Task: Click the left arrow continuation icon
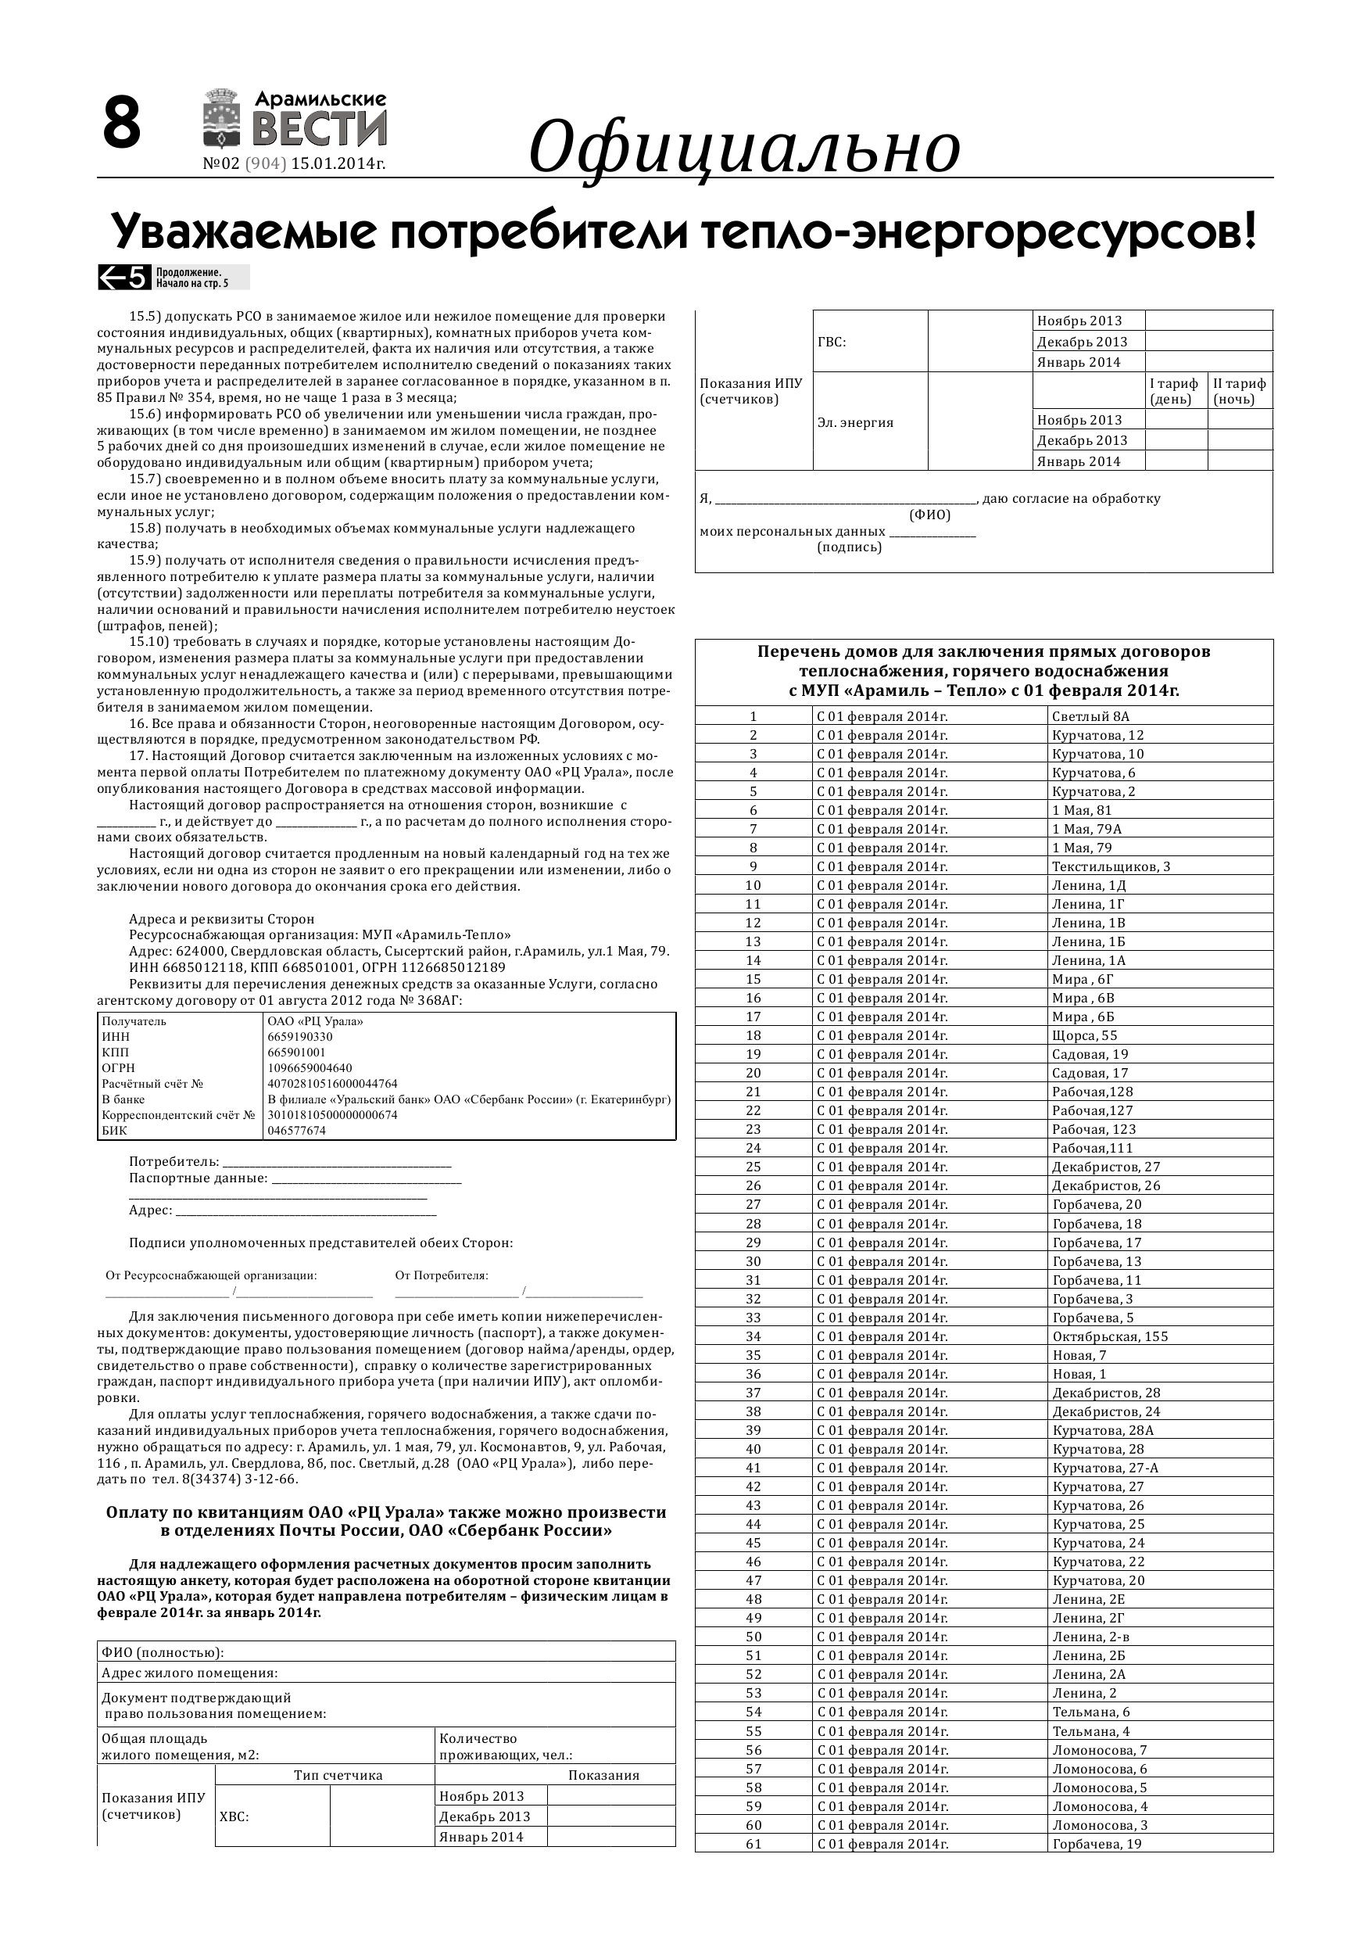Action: (x=124, y=277)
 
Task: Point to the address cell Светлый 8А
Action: (x=1090, y=716)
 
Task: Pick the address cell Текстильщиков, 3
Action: (x=1111, y=866)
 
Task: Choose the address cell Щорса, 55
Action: (x=1085, y=1035)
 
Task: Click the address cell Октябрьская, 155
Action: (x=1110, y=1336)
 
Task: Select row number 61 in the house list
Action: (x=754, y=1844)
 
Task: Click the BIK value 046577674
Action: (x=296, y=1131)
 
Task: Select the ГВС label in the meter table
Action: (x=832, y=342)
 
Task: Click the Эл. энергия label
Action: (x=855, y=422)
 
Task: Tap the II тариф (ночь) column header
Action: (x=1239, y=391)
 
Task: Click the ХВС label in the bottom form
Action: (x=234, y=1816)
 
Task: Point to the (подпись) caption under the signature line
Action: (x=849, y=547)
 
